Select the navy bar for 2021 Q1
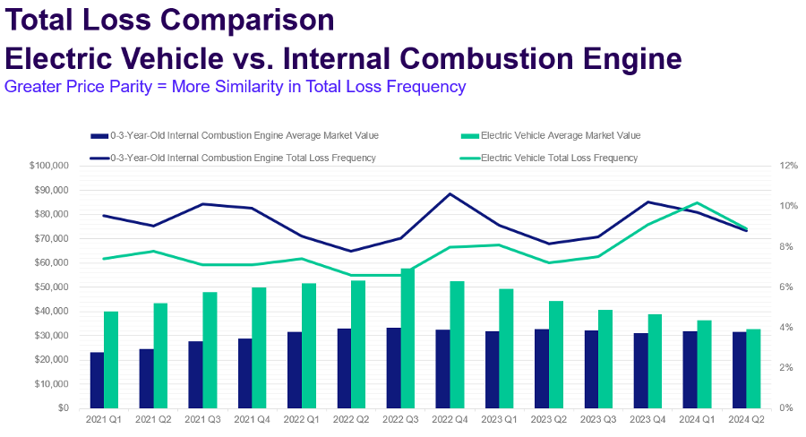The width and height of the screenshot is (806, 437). click(97, 380)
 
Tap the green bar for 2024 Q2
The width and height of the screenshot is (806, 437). click(753, 368)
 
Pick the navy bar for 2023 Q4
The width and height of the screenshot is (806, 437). click(640, 370)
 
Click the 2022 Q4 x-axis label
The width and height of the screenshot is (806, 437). click(451, 419)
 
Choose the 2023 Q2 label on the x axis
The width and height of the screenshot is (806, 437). click(548, 419)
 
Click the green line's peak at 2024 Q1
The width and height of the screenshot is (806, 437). click(698, 202)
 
